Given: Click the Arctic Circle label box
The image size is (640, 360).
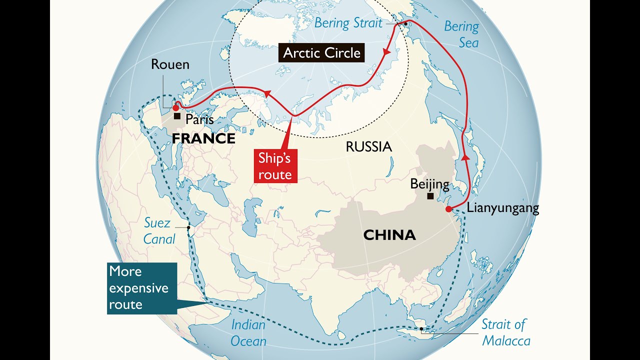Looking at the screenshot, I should coord(321,53).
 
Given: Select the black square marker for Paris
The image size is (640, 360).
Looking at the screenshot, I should coord(177,116).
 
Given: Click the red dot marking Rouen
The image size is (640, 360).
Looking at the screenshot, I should coord(175,107).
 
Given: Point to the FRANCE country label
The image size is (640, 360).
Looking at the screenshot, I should coord(203,138).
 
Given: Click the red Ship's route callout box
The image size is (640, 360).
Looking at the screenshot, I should coord(274,166).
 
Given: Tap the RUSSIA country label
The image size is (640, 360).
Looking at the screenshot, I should coord(368,146).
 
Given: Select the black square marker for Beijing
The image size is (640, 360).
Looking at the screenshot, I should coord(430,196).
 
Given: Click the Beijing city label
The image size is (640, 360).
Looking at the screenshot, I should coord(429,183).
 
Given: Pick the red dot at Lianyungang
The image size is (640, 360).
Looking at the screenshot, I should coord(449,209).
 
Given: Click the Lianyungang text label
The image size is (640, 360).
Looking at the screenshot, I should coord(503,208).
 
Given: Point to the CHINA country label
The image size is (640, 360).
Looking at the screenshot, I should coord(389,234).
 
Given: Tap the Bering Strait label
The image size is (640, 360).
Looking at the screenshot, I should coord(348,22).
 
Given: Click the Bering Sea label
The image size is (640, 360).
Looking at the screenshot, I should coord(461,34).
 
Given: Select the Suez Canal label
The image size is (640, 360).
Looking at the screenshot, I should coord(159,231).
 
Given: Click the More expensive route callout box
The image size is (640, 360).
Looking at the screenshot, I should coord(141,288).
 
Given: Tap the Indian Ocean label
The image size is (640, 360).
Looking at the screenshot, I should coord(248,333).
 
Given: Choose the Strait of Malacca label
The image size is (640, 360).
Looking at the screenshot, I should coord(505,332).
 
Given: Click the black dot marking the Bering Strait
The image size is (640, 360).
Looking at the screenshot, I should coord(405,24).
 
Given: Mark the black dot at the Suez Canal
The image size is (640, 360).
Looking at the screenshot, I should coord(188,227).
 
